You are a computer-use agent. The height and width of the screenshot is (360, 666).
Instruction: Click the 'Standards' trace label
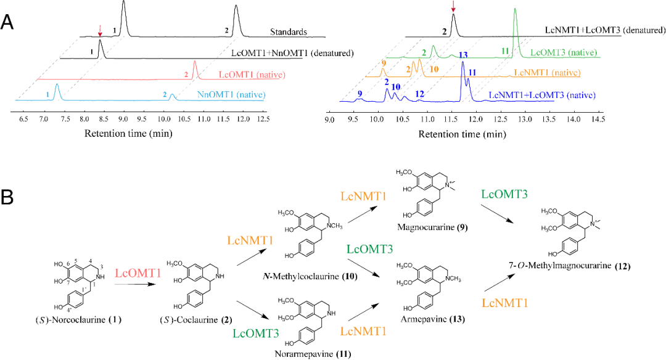(x=289, y=31)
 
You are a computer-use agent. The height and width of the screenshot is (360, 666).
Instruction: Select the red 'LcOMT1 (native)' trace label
(x=240, y=75)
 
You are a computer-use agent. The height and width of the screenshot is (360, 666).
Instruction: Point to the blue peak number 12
(x=419, y=94)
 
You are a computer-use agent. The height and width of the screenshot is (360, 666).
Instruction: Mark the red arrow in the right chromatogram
(x=453, y=7)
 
